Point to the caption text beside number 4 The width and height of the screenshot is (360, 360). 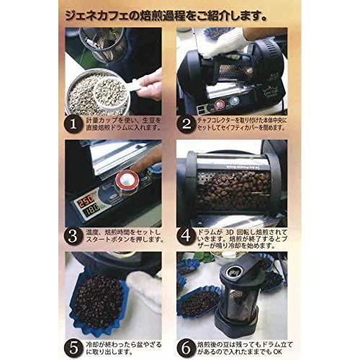[x=241, y=238]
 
